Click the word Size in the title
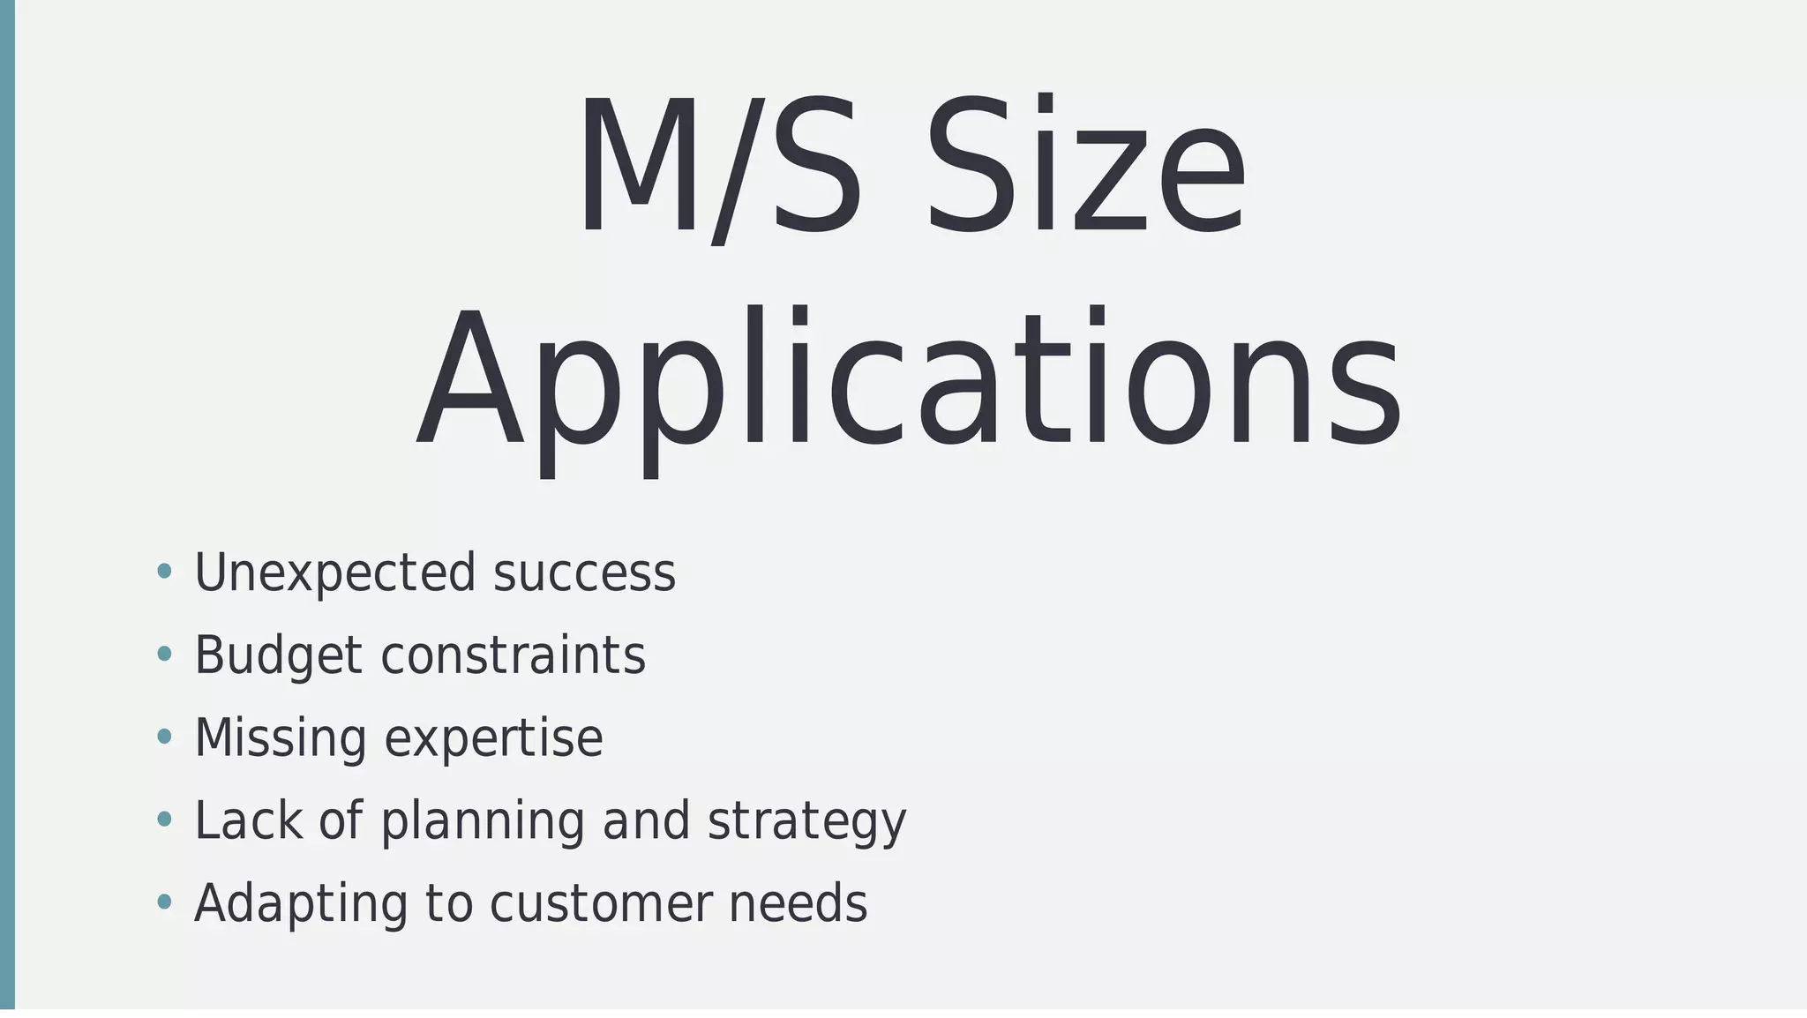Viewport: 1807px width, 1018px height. pos(1085,168)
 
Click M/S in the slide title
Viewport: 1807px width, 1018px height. pos(718,168)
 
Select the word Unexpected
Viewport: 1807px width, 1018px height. pos(334,573)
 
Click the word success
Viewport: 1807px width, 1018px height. pos(584,573)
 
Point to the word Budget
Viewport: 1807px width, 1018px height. pos(278,656)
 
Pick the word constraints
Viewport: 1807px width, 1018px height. pos(513,656)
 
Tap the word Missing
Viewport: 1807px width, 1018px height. pos(280,739)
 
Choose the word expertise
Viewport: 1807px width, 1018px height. pos(493,739)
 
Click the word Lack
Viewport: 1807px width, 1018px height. pos(248,821)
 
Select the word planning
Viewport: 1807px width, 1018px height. pos(483,821)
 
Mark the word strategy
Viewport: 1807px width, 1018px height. pos(806,821)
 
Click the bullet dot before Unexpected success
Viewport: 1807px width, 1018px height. pos(163,572)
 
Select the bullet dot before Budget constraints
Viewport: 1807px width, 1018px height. pos(163,655)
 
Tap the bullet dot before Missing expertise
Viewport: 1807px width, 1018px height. pos(163,737)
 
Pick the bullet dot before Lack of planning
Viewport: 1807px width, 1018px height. pos(163,820)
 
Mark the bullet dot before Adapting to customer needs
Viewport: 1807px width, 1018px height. pos(163,902)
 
